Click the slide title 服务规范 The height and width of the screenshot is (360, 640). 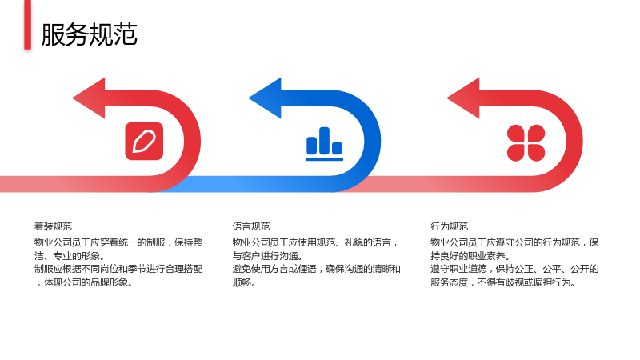click(89, 34)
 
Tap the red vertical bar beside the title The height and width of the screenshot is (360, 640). click(27, 25)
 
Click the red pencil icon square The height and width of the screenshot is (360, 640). click(144, 142)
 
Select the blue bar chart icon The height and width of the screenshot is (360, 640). click(325, 144)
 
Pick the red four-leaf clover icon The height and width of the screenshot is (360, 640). click(526, 143)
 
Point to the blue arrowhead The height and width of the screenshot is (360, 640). click(265, 98)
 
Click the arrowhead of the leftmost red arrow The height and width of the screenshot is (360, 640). click(89, 98)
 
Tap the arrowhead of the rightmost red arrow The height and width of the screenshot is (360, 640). click(463, 98)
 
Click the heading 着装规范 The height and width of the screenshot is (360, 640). click(53, 226)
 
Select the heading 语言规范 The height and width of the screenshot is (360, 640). click(251, 226)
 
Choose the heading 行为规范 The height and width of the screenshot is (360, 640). click(450, 226)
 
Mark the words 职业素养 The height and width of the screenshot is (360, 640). click(486, 256)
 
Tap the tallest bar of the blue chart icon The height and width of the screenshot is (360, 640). click(325, 141)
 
